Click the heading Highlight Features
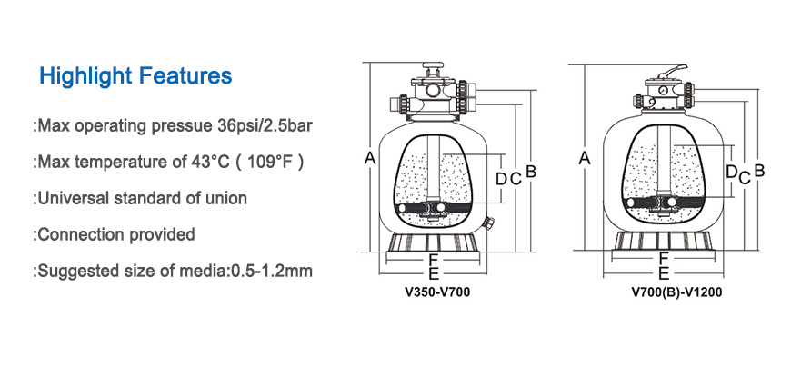(135, 75)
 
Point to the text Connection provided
(116, 234)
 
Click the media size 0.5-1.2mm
(272, 271)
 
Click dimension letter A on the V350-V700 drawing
(370, 159)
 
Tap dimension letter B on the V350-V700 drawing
(531, 172)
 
